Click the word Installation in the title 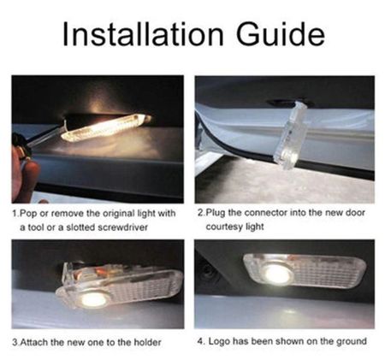click(x=143, y=34)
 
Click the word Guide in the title click(x=281, y=34)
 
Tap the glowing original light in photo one click(x=106, y=127)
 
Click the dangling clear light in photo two click(x=290, y=136)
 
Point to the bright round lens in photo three click(x=92, y=298)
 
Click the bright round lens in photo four click(x=276, y=274)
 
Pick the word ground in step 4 click(x=352, y=341)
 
